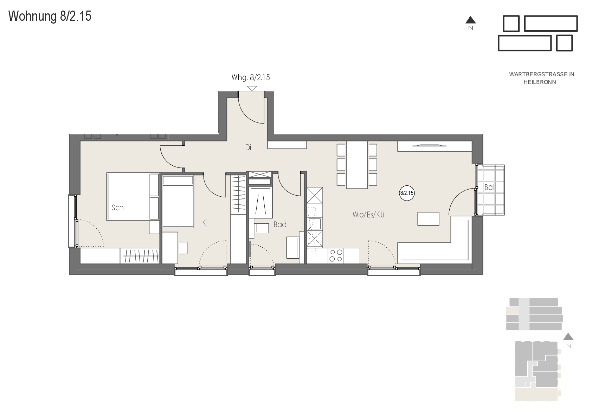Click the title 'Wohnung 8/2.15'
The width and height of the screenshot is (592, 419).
50,16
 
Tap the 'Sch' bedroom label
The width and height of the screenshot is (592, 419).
117,208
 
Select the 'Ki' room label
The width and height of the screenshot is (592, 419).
205,223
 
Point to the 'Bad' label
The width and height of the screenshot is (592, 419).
280,224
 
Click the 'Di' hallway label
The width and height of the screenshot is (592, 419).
248,147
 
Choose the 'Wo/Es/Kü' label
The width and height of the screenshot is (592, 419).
368,215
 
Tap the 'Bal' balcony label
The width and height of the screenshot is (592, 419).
489,187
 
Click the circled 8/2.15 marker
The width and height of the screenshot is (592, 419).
407,193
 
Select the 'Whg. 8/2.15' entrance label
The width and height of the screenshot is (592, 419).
251,77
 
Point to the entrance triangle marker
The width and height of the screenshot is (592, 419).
252,88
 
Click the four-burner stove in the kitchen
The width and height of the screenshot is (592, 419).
336,255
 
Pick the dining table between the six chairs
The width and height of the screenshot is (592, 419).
357,165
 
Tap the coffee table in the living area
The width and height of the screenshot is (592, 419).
428,219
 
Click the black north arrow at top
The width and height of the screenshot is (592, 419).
470,20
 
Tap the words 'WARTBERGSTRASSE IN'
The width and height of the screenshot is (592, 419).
541,74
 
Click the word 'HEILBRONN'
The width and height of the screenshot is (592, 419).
540,82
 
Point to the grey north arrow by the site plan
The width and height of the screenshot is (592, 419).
568,336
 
